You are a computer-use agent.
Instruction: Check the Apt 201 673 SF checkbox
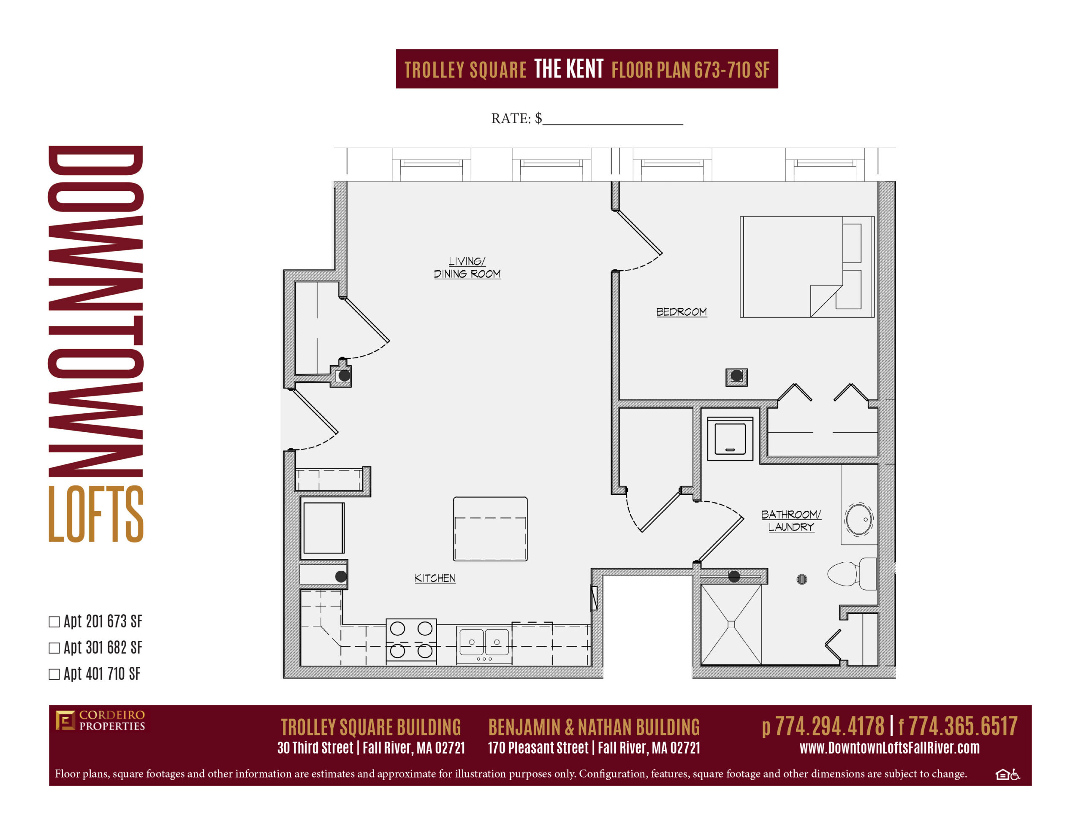click(x=54, y=622)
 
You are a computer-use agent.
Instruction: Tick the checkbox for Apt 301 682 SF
click(x=54, y=648)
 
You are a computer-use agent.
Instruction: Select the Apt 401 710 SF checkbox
click(x=54, y=674)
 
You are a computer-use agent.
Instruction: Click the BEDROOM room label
click(x=681, y=312)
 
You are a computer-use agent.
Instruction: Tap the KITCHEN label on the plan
click(x=435, y=578)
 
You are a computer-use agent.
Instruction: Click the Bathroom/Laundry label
click(x=791, y=521)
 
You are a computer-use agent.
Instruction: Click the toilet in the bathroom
click(x=852, y=574)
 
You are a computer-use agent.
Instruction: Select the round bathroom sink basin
click(x=859, y=519)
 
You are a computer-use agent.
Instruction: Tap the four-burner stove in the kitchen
click(x=411, y=640)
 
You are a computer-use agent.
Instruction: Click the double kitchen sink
click(x=484, y=642)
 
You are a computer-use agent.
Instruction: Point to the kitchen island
click(x=490, y=529)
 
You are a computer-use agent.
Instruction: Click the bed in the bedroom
click(x=807, y=266)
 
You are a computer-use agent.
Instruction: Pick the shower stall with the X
click(x=731, y=625)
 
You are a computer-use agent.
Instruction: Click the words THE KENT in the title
click(x=569, y=69)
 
